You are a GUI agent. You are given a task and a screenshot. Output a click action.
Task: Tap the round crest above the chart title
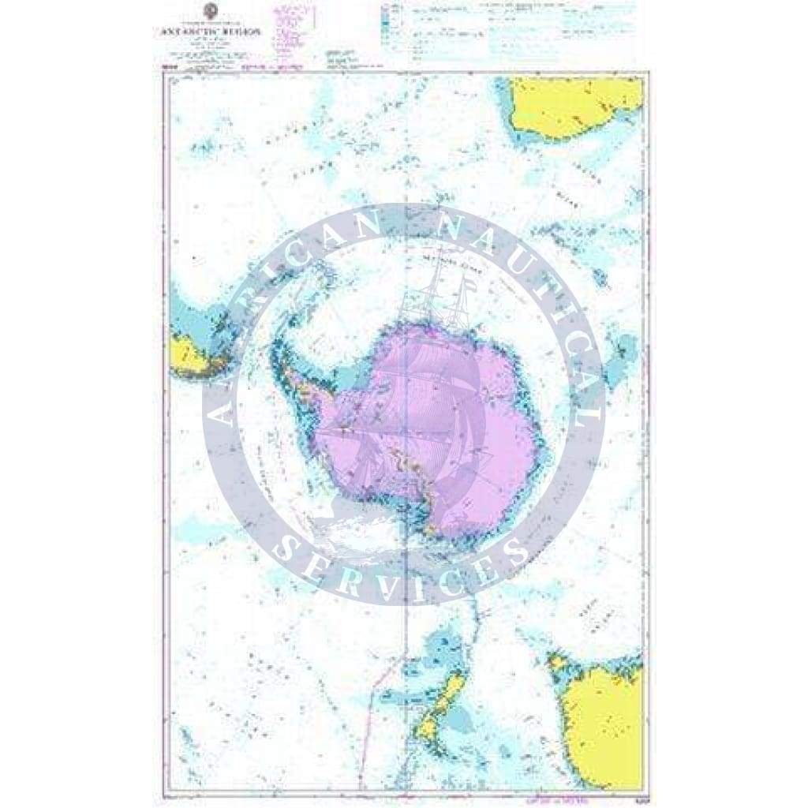(210, 10)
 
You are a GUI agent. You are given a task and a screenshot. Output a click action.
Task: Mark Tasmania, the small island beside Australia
(559, 662)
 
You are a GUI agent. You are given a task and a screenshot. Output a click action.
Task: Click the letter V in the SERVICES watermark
(402, 588)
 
